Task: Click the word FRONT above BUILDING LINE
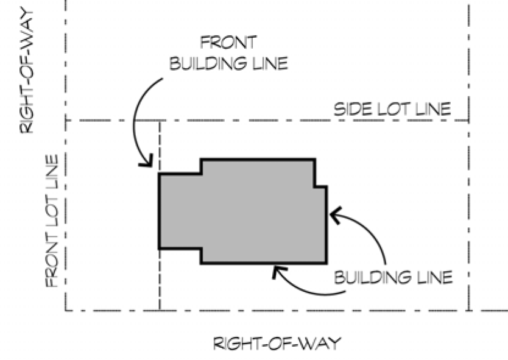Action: [230, 43]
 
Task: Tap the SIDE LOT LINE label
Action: [392, 110]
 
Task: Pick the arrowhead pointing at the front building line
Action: [146, 163]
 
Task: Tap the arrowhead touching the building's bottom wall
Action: [278, 270]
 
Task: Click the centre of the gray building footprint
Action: [244, 211]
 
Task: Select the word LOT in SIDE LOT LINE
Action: [393, 110]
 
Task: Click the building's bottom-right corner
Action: [326, 263]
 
